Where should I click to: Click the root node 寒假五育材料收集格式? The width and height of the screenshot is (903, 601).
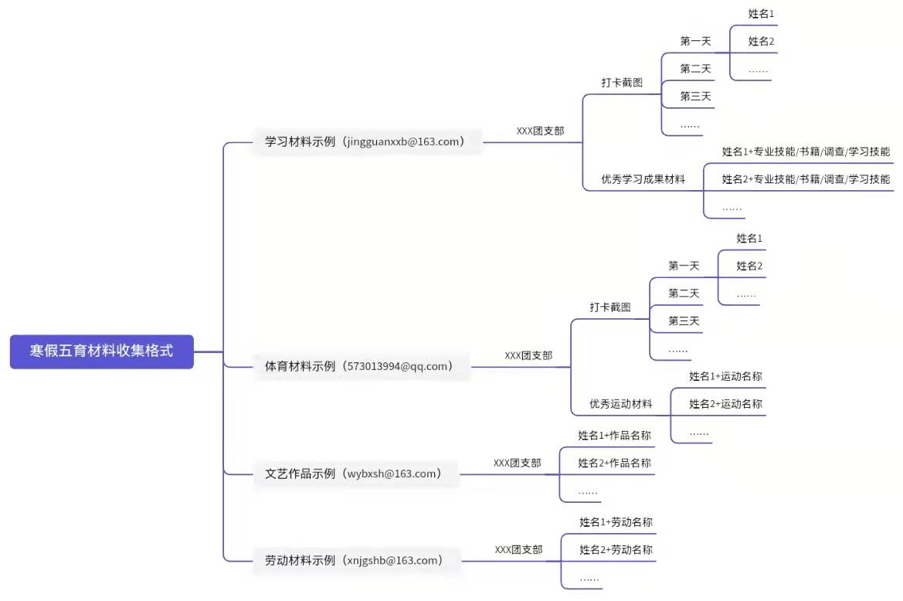tap(101, 351)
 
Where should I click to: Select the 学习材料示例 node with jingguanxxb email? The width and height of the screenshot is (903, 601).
tap(365, 141)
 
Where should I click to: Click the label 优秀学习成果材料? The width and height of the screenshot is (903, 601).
tap(643, 179)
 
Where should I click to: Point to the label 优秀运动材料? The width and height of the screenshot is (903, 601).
tap(620, 403)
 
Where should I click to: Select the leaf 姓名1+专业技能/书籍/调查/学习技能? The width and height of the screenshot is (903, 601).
tap(806, 151)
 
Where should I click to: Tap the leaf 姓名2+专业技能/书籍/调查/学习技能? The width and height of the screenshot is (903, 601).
tap(806, 179)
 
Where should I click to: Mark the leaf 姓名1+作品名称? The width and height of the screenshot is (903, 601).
tap(614, 436)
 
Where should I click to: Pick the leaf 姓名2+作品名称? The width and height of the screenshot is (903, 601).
tap(614, 463)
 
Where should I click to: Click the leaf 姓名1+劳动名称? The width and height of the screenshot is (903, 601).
tap(616, 523)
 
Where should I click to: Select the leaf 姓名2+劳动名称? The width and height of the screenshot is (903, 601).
tap(616, 550)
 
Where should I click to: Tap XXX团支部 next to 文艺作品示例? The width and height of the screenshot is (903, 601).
tap(517, 463)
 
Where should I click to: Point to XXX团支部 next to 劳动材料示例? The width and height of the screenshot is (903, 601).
tap(518, 550)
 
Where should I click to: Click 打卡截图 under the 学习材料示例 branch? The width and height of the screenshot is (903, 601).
tap(622, 83)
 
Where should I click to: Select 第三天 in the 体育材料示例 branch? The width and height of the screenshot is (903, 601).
tap(684, 321)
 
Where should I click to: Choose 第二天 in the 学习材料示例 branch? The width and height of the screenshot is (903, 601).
tap(695, 69)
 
